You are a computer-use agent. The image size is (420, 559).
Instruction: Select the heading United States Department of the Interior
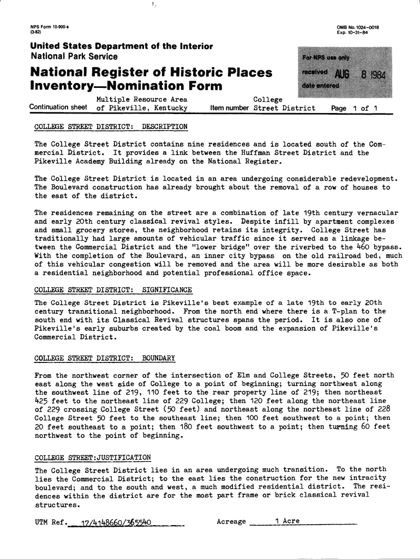pyautogui.click(x=121, y=47)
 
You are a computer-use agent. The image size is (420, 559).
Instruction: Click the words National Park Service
pyautogui.click(x=74, y=57)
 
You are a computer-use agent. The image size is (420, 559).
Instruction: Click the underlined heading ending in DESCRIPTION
pyautogui.click(x=111, y=127)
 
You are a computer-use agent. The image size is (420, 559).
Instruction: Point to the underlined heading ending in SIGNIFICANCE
pyautogui.click(x=113, y=289)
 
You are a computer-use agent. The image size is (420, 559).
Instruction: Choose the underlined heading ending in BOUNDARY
pyautogui.click(x=105, y=358)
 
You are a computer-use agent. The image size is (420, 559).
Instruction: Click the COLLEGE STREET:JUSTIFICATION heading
pyautogui.click(x=92, y=457)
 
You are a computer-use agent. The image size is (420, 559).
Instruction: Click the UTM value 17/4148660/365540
pyautogui.click(x=115, y=522)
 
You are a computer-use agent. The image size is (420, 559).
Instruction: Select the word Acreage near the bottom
pyautogui.click(x=231, y=521)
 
